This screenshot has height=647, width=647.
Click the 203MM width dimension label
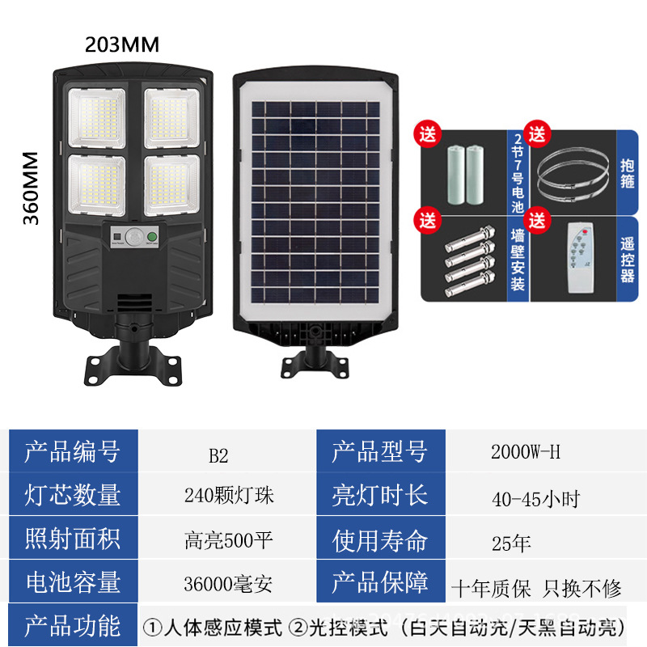tap(122, 44)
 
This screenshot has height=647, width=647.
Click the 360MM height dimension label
tap(31, 188)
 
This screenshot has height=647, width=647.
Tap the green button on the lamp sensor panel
tap(152, 237)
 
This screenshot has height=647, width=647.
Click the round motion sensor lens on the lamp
tap(133, 237)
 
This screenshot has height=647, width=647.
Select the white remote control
tap(581, 258)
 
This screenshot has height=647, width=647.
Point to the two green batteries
tap(466, 175)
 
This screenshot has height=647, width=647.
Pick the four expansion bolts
tap(470, 260)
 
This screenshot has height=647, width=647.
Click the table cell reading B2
tap(218, 456)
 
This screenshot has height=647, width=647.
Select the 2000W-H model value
tap(526, 452)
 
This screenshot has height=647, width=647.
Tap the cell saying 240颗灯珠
tap(229, 495)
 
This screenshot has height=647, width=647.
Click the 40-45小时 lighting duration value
tap(535, 499)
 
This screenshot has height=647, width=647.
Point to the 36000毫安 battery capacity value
tap(228, 584)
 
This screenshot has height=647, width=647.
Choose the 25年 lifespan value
tap(511, 543)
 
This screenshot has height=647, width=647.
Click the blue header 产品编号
tap(73, 451)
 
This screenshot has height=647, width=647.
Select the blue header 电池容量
tap(73, 581)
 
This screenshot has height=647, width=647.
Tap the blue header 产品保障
tap(380, 581)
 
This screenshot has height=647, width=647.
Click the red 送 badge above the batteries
tap(428, 134)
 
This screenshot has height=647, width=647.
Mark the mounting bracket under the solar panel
tap(315, 362)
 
